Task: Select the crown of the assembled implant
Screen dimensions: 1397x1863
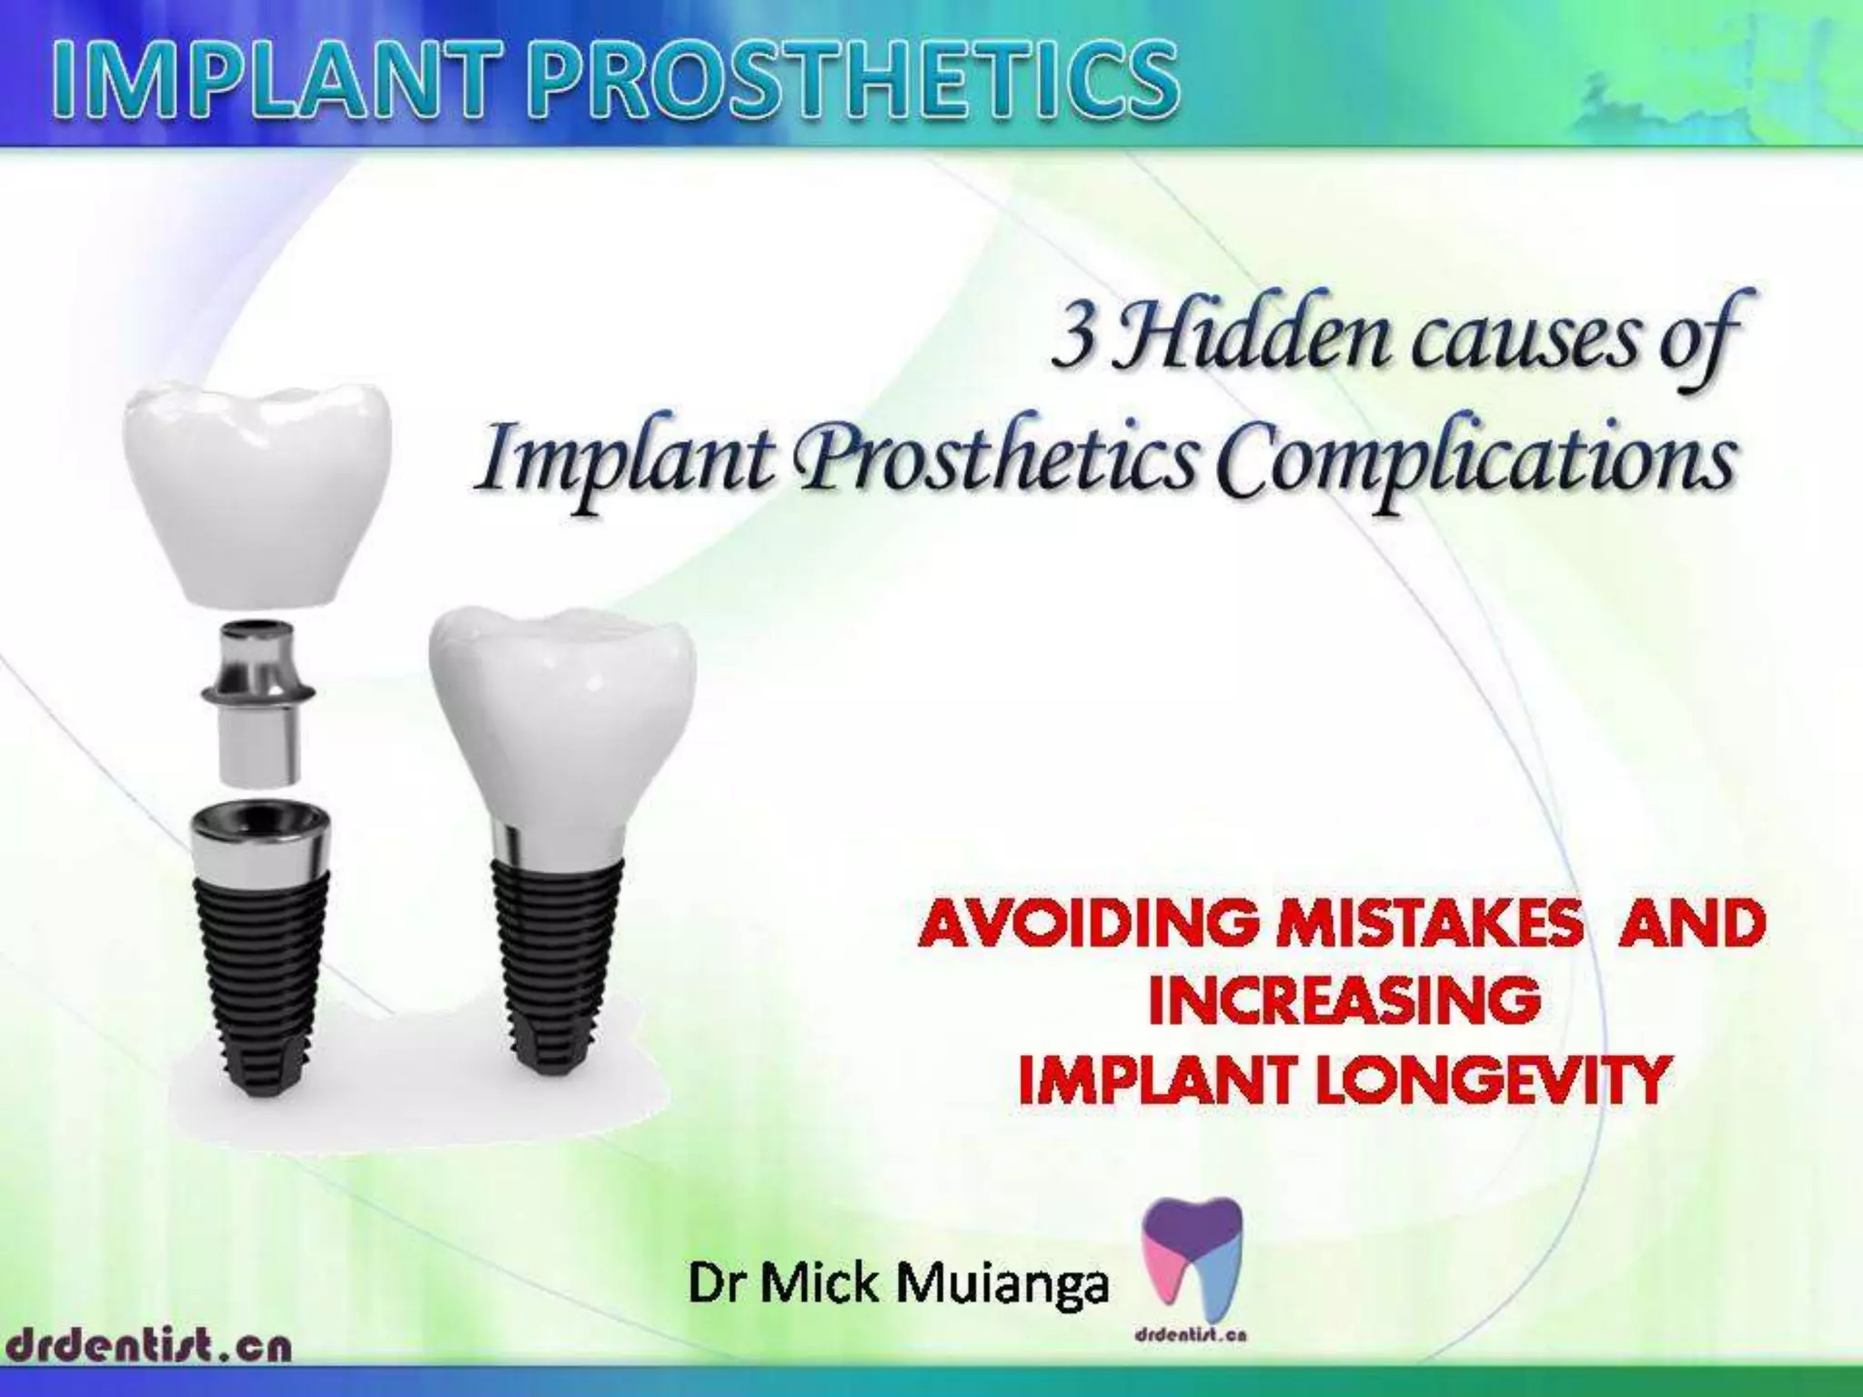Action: tap(561, 719)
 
